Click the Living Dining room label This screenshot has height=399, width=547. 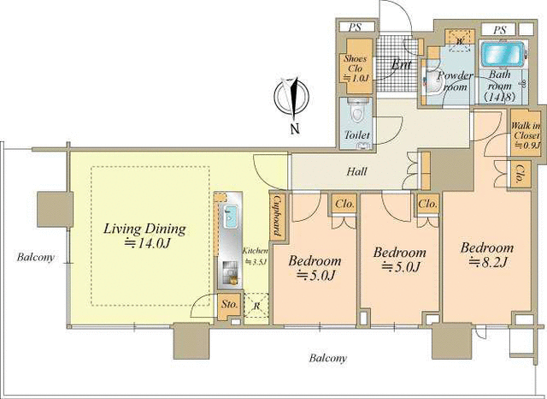pyautogui.click(x=144, y=229)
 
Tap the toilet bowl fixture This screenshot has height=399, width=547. pyautogui.click(x=356, y=110)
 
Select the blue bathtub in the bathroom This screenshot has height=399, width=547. pyautogui.click(x=503, y=55)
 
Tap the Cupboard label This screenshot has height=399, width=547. pyautogui.click(x=278, y=215)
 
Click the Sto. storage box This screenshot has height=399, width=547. pyautogui.click(x=230, y=304)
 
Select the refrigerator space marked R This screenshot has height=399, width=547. pyautogui.click(x=256, y=306)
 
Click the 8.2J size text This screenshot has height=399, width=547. pyautogui.click(x=487, y=262)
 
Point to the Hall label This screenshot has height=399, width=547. pyautogui.click(x=357, y=171)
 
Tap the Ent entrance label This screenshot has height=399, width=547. pyautogui.click(x=401, y=64)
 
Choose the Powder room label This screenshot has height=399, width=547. pyautogui.click(x=455, y=80)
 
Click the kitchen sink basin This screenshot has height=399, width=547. pyautogui.click(x=230, y=217)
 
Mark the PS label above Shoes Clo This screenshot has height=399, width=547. pyautogui.click(x=356, y=27)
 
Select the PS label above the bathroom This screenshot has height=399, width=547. pyautogui.click(x=499, y=30)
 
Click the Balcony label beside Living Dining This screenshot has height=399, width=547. pyautogui.click(x=36, y=258)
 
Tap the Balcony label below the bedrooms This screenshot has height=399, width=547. pyautogui.click(x=328, y=358)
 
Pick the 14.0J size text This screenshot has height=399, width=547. pyautogui.click(x=147, y=243)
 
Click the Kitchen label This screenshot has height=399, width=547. pyautogui.click(x=256, y=251)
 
